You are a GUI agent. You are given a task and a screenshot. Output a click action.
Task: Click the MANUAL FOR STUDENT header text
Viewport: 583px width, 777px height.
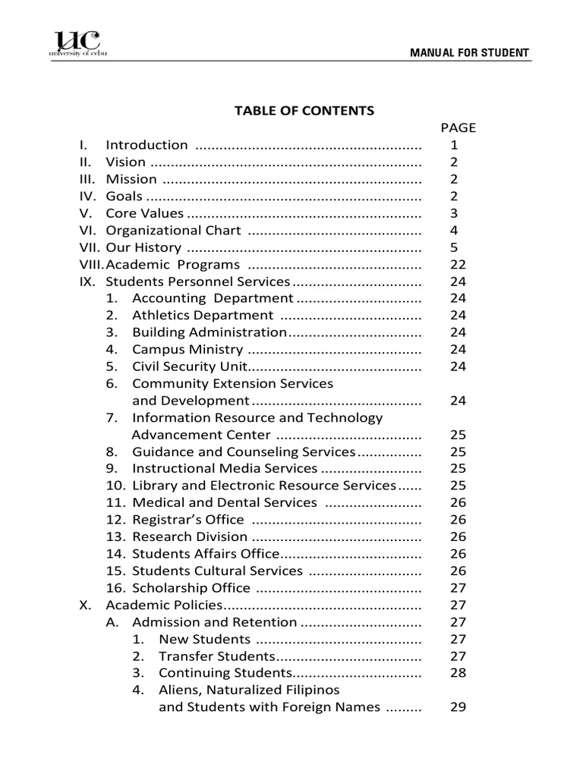[x=469, y=53]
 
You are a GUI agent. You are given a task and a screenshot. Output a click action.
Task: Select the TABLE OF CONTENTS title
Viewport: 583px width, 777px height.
[x=304, y=111]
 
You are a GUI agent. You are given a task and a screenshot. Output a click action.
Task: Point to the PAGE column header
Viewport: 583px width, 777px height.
[x=458, y=128]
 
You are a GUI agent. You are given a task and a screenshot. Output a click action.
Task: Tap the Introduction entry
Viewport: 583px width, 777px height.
[x=147, y=145]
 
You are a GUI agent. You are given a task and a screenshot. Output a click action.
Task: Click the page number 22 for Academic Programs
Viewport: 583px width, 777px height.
[x=458, y=265]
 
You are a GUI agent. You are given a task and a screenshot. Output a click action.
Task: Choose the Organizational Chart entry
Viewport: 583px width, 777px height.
[x=173, y=231]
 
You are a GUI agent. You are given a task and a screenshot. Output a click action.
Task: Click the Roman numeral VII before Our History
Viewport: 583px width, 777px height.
[x=90, y=247]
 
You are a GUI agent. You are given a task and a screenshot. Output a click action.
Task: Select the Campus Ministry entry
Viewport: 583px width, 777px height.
[x=188, y=350]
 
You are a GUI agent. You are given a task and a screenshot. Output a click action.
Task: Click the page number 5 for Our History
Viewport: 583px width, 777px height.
[x=455, y=247]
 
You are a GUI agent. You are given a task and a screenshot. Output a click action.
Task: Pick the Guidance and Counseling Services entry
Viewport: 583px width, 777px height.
[x=243, y=452]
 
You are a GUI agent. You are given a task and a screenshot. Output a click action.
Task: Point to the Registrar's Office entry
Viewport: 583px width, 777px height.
[x=188, y=520]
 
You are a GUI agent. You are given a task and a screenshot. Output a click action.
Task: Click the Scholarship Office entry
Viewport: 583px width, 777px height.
[x=191, y=588]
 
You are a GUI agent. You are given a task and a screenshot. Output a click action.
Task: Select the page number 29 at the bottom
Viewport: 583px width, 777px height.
[x=458, y=707]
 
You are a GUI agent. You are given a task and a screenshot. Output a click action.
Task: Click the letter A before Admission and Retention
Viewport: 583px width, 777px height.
[x=111, y=622]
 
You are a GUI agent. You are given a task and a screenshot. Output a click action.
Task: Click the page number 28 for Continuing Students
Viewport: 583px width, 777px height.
[x=458, y=673]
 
